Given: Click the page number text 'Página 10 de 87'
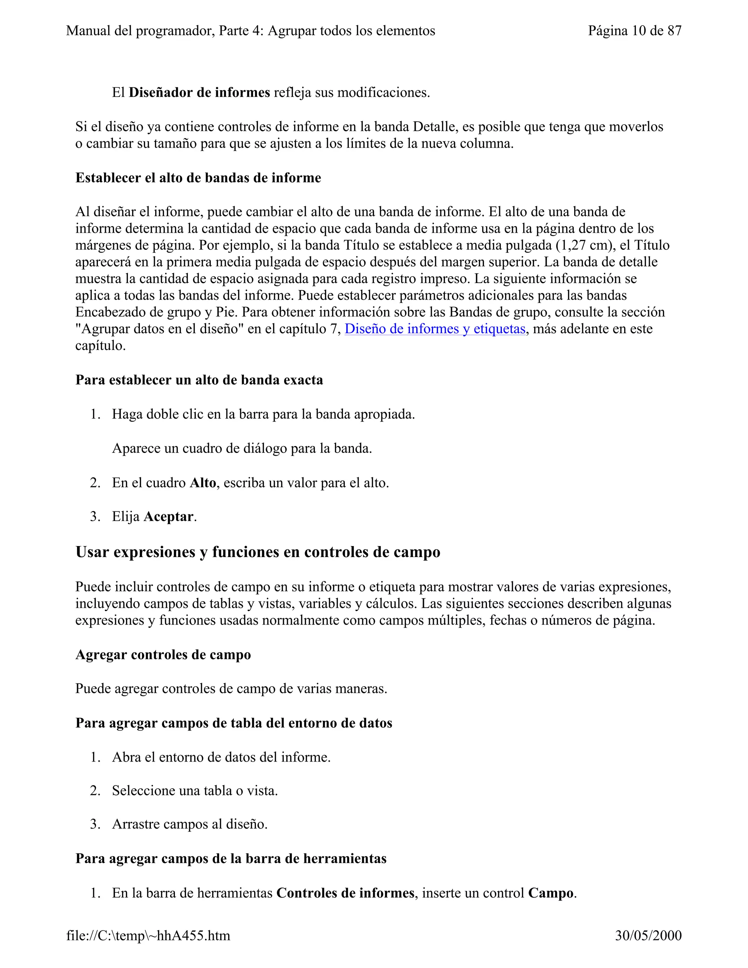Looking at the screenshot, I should coord(634,31).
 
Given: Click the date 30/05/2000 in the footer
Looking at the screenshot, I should coord(648,935).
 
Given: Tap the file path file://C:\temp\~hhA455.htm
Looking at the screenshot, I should coord(148,935).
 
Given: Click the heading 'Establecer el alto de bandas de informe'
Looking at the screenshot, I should coord(198,178).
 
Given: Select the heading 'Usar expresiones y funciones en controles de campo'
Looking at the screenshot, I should coord(257,552).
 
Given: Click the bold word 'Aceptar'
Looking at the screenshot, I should coord(168,517).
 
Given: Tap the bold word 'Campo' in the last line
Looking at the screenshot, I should coord(550,893).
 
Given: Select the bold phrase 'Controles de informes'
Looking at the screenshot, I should coord(345,893).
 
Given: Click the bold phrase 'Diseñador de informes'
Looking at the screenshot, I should coord(199,93).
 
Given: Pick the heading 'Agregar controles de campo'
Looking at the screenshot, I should coord(163,655).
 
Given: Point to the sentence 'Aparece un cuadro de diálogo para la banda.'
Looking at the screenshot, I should coord(242,449).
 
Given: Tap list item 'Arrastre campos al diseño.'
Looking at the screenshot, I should coord(190,824).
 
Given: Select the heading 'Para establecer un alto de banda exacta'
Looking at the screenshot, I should coord(199,380).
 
